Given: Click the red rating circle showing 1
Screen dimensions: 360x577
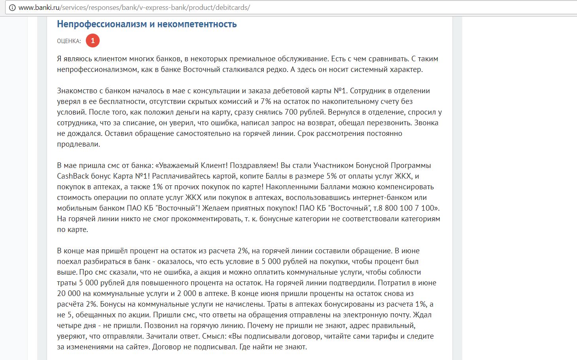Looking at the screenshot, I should point(93,41).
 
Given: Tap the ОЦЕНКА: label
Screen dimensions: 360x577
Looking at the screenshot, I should point(69,41).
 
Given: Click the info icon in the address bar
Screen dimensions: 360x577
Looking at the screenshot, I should point(12,8).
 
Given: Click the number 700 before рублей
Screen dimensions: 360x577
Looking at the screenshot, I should point(291,112).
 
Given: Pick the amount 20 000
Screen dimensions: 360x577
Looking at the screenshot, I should point(69,294).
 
